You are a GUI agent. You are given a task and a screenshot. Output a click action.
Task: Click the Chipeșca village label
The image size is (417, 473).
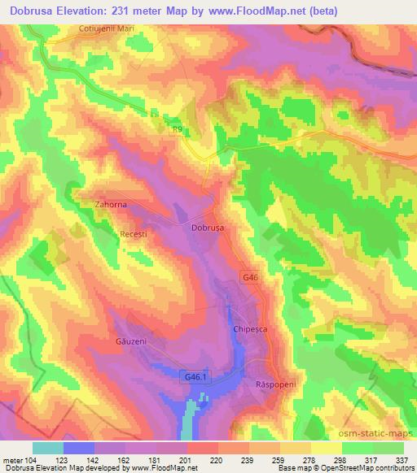[x=250, y=332]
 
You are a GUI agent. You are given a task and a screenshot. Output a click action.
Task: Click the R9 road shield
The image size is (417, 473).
[x=178, y=128]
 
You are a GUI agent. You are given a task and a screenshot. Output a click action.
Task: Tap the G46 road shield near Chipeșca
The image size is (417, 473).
[x=250, y=278]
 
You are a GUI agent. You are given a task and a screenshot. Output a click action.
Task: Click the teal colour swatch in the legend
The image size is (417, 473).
[x=48, y=448]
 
